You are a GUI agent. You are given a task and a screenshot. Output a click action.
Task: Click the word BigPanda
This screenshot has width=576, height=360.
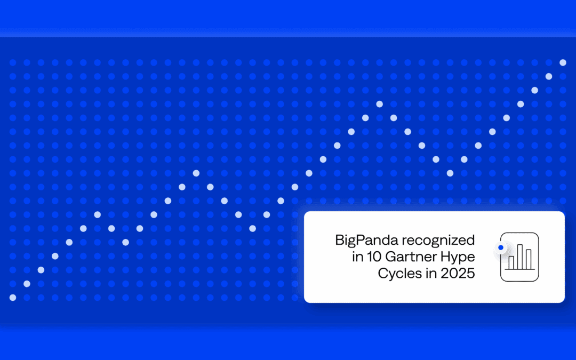[366, 240]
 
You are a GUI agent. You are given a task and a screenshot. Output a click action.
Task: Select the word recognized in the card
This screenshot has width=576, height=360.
[438, 241]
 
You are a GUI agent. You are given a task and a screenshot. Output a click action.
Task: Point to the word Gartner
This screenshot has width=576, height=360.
[409, 257]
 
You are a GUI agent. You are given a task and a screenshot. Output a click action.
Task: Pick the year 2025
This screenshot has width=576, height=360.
[458, 273]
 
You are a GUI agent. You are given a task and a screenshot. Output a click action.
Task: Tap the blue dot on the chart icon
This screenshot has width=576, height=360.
[501, 247]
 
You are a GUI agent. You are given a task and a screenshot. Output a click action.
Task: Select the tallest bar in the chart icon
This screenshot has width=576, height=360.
[520, 257]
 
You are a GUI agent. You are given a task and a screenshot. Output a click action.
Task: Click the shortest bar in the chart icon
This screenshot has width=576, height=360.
[511, 263]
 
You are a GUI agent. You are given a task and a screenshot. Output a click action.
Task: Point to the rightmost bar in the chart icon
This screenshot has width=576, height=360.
[529, 259]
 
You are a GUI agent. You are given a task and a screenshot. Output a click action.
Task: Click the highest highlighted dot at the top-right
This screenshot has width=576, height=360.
[563, 62]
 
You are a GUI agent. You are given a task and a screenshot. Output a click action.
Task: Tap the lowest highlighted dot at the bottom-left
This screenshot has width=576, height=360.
[13, 298]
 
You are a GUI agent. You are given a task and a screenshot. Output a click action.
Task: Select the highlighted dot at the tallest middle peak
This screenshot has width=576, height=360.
[380, 104]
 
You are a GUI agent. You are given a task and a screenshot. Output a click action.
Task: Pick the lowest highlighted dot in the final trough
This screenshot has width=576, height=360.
[450, 173]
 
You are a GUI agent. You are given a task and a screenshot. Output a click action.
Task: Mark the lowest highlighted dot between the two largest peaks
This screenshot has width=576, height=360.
[252, 228]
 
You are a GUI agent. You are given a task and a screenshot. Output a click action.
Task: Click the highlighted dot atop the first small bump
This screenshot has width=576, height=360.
[98, 214]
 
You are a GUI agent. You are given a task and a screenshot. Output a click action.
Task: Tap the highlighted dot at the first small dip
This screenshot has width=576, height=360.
[126, 243]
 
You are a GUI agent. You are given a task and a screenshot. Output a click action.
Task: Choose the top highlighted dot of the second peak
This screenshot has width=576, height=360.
[196, 173]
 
